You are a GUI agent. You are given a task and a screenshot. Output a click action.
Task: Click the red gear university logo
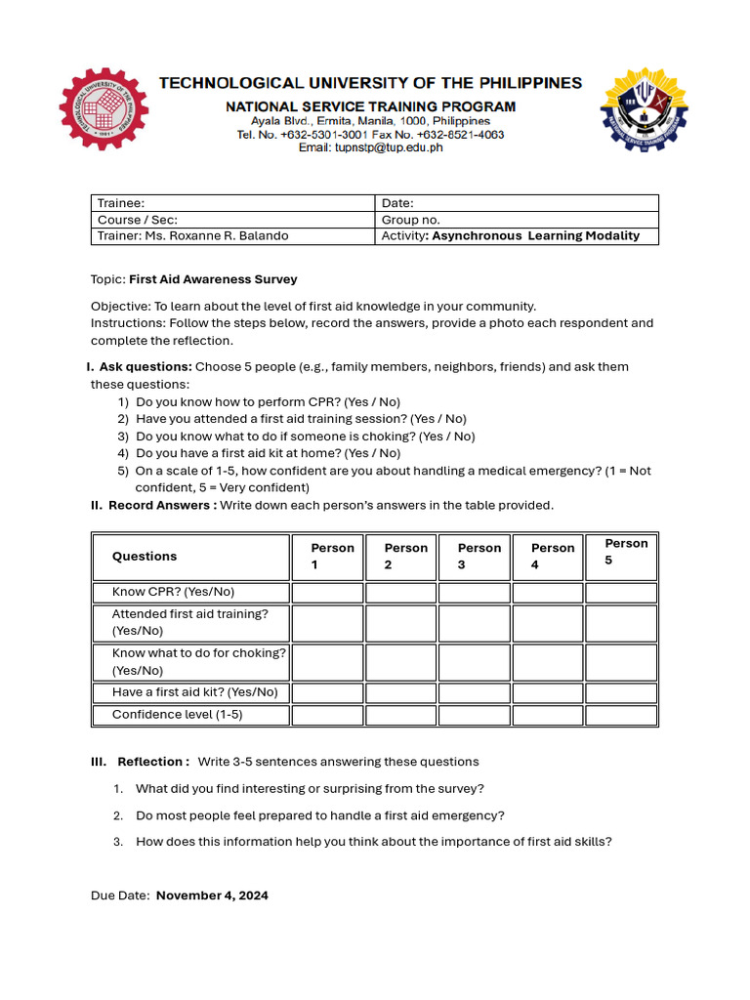(x=104, y=109)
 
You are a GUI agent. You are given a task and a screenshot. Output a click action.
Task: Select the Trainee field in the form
(x=232, y=203)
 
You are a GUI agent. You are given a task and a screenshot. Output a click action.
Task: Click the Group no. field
(x=517, y=220)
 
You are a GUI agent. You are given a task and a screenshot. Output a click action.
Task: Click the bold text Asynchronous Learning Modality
(x=536, y=236)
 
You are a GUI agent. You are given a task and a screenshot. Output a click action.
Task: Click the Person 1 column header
(x=327, y=557)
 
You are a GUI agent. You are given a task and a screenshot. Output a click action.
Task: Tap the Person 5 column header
(x=621, y=552)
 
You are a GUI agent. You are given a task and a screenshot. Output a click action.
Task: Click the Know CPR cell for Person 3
(x=474, y=592)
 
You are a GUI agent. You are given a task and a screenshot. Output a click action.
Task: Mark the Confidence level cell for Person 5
(x=621, y=715)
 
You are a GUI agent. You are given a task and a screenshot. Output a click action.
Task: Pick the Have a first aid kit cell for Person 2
(x=400, y=692)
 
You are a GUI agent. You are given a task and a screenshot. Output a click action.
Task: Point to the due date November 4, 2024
(x=212, y=896)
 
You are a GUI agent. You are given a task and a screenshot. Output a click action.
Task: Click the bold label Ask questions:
(x=146, y=367)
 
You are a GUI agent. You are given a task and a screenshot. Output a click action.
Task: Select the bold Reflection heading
(x=152, y=762)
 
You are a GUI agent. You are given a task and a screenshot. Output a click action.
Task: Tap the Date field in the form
(x=517, y=203)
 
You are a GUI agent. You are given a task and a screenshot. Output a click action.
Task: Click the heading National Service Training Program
(x=371, y=106)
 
